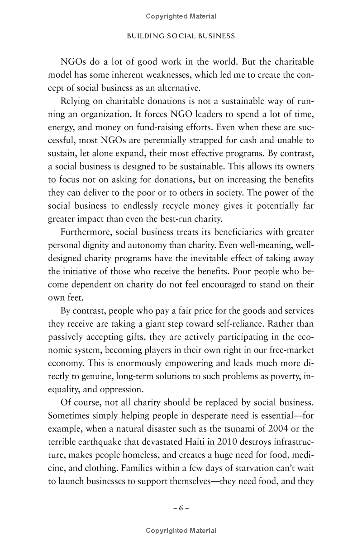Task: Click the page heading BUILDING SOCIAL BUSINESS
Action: [x=181, y=36]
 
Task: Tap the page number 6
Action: [x=181, y=508]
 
